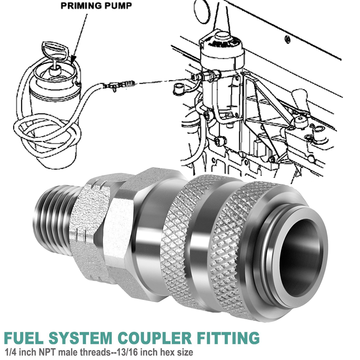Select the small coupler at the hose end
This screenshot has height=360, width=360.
[x=119, y=86]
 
